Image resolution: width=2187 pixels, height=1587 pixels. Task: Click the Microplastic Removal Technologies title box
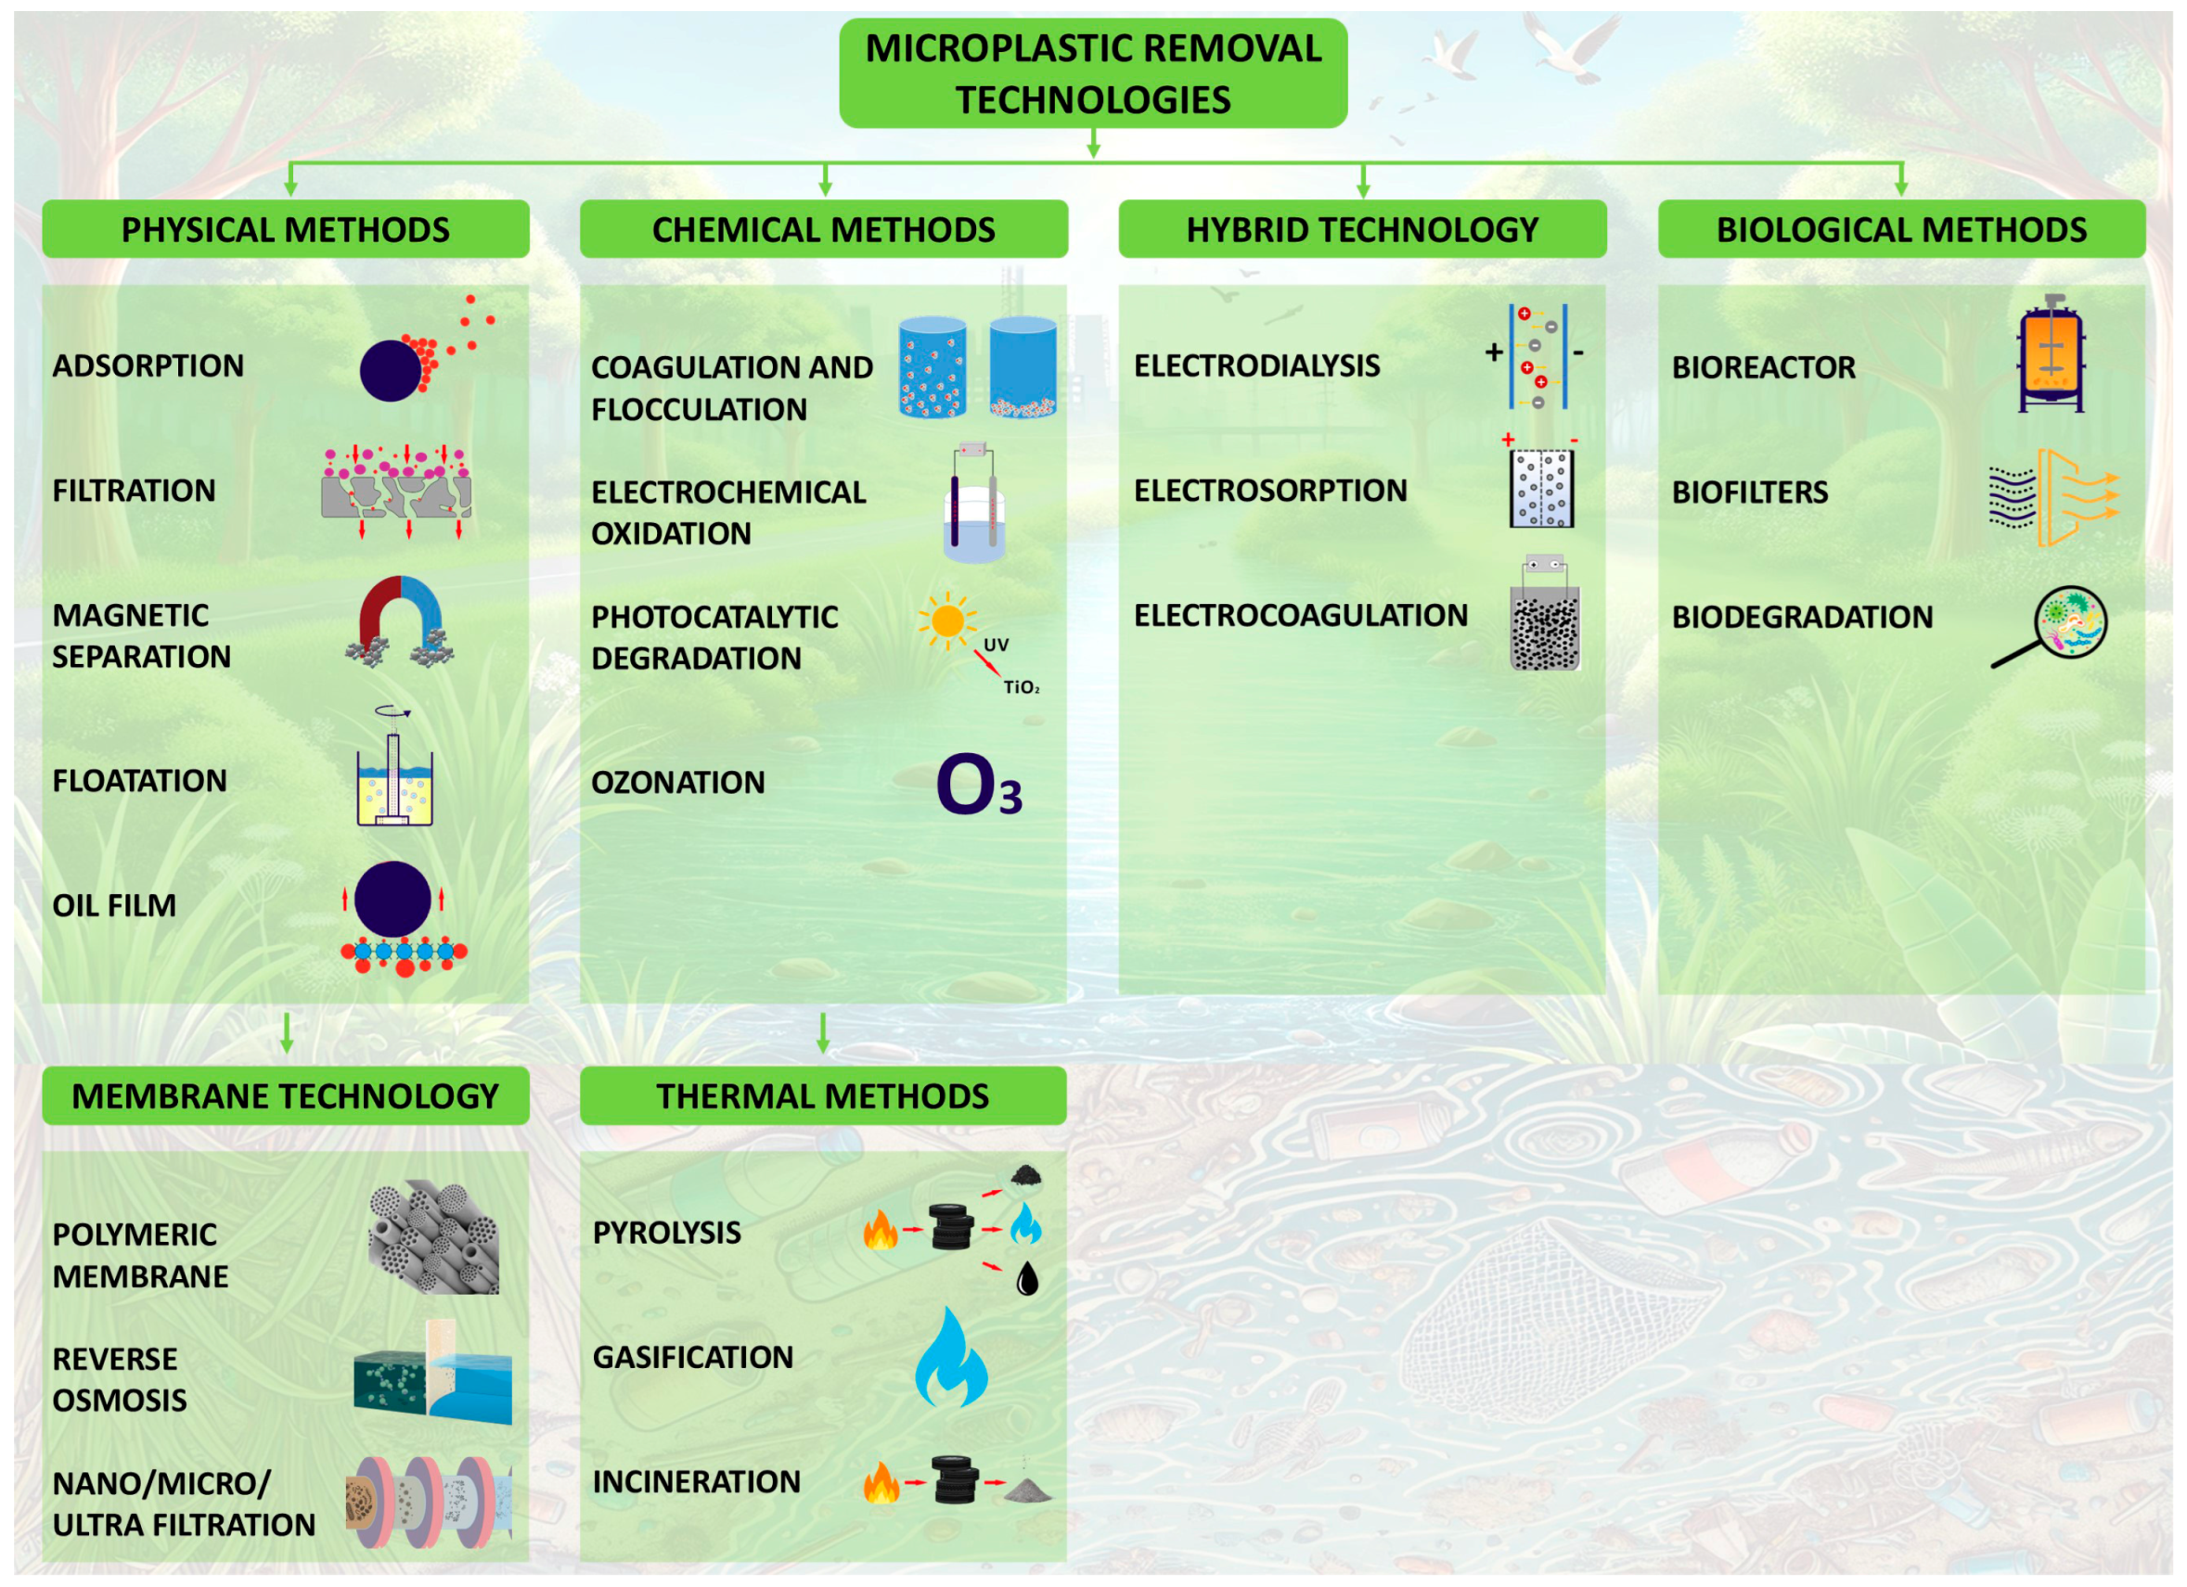coord(1092,73)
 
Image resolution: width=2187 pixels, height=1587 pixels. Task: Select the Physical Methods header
coord(286,229)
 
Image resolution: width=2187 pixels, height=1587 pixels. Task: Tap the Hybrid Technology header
coord(1361,229)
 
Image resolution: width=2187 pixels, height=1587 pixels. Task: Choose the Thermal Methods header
coord(822,1096)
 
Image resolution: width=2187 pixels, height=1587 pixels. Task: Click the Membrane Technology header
coord(286,1096)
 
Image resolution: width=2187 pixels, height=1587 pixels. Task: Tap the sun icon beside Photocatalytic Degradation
coord(947,620)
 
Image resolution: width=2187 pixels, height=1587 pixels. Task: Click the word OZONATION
coord(678,783)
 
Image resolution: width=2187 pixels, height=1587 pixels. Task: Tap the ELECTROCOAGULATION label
coord(1300,615)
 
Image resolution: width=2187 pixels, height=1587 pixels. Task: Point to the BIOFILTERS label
coord(1749,493)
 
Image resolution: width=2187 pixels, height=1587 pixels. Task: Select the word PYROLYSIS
coord(666,1232)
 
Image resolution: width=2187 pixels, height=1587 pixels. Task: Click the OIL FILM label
coord(114,906)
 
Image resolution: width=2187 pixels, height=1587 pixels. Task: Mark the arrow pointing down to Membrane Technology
coord(287,1032)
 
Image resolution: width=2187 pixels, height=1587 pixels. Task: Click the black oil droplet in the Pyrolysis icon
coord(1028,1279)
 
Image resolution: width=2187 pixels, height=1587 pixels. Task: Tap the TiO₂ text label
coord(1022,687)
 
